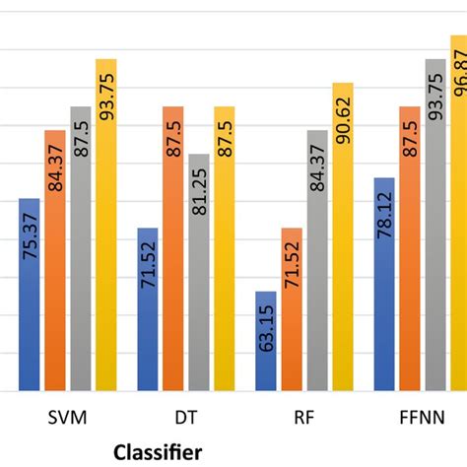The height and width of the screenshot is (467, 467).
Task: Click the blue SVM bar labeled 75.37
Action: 30,296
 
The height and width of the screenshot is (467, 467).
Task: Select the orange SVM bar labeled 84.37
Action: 55,261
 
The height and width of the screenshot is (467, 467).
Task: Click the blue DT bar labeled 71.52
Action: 148,309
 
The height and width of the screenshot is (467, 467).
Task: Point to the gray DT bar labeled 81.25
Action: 199,273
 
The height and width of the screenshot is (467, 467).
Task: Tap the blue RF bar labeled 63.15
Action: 266,341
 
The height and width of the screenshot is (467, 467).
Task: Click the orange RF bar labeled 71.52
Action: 292,309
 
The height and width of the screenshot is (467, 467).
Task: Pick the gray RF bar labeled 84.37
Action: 317,261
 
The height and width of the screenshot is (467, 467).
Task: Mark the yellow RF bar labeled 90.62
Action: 343,236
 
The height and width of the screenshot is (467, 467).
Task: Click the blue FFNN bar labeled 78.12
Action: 384,285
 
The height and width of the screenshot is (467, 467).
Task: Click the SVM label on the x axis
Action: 68,418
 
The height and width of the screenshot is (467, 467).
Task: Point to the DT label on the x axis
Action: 186,418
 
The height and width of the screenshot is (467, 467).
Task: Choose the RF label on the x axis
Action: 304,418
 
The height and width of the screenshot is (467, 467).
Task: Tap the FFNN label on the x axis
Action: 423,418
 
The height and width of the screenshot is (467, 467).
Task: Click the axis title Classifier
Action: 158,452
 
